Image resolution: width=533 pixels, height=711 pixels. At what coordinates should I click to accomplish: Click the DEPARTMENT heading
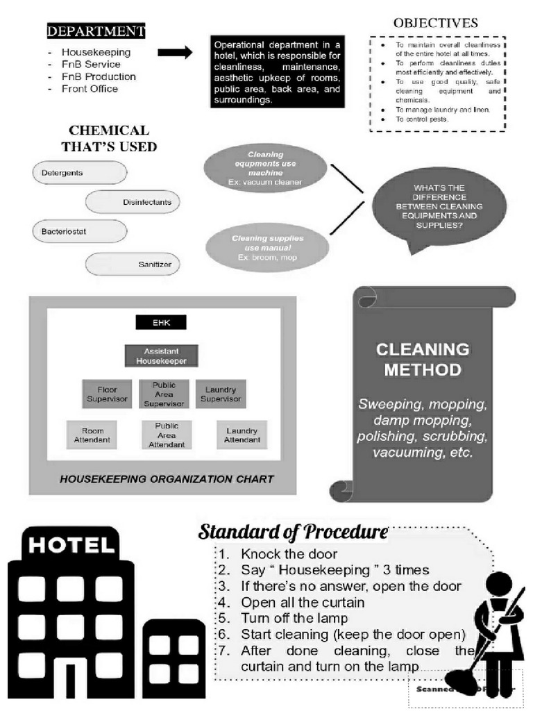point(96,31)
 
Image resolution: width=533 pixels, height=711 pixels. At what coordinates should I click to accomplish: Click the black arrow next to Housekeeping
point(175,52)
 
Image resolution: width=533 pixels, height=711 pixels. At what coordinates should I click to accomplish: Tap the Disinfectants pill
point(133,202)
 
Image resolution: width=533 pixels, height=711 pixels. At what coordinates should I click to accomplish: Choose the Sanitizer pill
point(133,264)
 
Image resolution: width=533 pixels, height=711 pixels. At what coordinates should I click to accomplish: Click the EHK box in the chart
point(161,323)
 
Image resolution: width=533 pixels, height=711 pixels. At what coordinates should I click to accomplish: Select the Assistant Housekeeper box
point(161,356)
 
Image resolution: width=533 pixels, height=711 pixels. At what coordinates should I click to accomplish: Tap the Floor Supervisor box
point(107,394)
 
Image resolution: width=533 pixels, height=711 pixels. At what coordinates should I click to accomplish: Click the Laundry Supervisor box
point(220,394)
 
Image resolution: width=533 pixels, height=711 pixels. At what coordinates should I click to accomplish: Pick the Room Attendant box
point(92,435)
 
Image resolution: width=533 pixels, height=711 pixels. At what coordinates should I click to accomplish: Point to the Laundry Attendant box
point(242,435)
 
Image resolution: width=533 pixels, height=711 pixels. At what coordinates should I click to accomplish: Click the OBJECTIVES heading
point(436,23)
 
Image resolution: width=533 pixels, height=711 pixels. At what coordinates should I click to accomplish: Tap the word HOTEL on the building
point(71,544)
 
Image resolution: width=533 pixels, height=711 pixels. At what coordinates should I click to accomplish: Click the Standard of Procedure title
point(292,533)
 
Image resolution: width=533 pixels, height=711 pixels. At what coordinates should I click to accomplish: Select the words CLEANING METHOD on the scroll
point(423,359)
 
